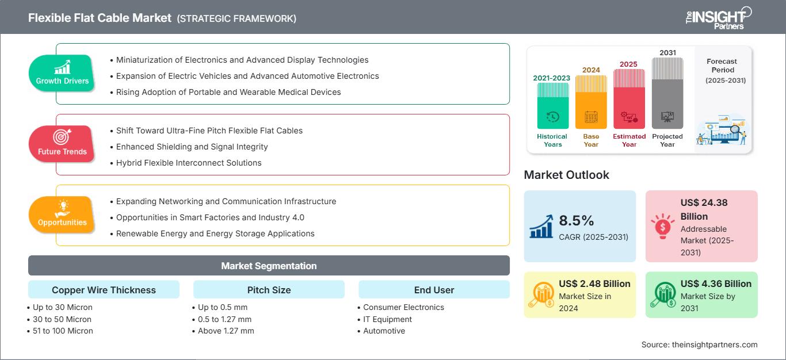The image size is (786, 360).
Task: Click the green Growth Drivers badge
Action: [62, 73]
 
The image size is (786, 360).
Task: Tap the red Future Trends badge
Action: [62, 144]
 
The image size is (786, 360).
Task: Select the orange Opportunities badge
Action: [62, 215]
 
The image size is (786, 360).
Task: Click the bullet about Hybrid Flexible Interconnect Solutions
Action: [189, 163]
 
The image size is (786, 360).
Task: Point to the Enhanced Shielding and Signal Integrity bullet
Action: [192, 147]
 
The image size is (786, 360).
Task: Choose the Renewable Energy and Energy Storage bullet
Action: [215, 233]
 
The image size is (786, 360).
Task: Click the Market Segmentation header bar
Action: [269, 266]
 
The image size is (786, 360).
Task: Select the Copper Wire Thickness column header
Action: [104, 290]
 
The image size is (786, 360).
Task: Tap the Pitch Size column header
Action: [269, 290]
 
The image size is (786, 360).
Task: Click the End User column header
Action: [434, 290]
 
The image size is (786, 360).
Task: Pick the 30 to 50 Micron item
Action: [62, 319]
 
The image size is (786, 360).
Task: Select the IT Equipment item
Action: [388, 319]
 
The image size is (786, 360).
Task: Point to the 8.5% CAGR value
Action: [577, 221]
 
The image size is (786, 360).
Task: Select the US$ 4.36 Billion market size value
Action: [716, 284]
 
